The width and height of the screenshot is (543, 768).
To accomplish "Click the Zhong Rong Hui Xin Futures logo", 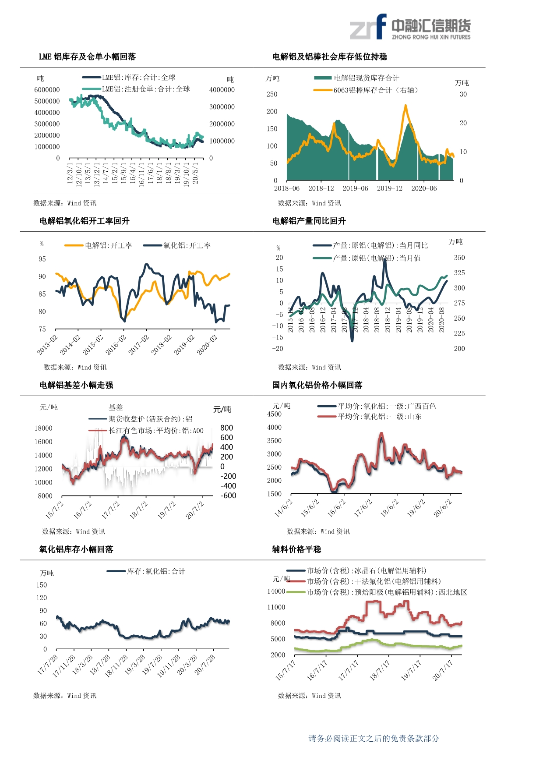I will pyautogui.click(x=410, y=27).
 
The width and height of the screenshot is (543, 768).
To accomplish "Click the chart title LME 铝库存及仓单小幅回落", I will pyautogui.click(x=87, y=57).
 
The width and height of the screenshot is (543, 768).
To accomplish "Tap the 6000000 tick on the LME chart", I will pyautogui.click(x=47, y=90).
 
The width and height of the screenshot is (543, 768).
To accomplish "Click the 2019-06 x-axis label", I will pyautogui.click(x=355, y=188).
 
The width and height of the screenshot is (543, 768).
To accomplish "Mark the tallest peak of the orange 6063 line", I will pyautogui.click(x=405, y=106).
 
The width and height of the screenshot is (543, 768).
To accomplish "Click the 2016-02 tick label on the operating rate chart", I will pyautogui.click(x=116, y=344).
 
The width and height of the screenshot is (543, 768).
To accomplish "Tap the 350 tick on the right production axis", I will pyautogui.click(x=459, y=258).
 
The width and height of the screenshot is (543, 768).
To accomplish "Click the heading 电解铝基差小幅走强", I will pyautogui.click(x=76, y=385).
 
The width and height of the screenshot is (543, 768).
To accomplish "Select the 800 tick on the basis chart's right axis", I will pyautogui.click(x=226, y=428).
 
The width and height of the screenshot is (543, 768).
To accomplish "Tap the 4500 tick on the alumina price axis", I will pyautogui.click(x=275, y=414).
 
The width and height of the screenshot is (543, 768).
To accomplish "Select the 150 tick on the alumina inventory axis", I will pyautogui.click(x=42, y=585).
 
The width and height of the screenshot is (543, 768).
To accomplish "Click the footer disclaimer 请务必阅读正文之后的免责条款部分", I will pyautogui.click(x=374, y=739).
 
